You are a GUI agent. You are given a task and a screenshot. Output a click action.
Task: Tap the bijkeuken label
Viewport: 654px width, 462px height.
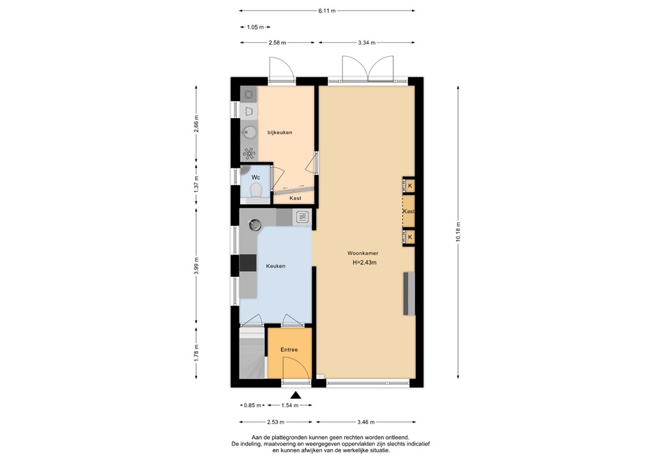[280, 132]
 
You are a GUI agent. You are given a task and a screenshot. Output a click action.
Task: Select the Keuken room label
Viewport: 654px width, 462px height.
[276, 265]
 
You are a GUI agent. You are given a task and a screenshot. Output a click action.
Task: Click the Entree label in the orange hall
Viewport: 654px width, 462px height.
[289, 350]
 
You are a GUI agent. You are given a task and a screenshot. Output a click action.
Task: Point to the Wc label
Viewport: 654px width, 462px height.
[255, 177]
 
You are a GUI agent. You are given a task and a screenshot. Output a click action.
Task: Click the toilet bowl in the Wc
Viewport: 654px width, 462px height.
[256, 191]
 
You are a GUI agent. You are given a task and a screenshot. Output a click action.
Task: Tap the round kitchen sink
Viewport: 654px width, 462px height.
[255, 225]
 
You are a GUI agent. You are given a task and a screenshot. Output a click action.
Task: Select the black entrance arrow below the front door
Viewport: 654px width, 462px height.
[295, 396]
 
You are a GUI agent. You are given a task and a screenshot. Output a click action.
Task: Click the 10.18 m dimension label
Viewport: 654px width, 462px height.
[457, 232]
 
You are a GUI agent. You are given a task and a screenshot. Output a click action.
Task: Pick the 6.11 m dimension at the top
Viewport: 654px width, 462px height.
[327, 11]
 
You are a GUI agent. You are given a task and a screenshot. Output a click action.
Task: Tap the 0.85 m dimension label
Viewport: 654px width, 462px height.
[252, 405]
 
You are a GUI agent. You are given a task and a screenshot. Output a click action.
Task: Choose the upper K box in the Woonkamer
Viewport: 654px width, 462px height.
[409, 186]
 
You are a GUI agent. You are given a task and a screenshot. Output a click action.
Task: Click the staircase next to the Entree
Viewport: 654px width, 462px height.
[252, 357]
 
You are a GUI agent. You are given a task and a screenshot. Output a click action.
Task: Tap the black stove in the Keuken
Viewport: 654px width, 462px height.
[248, 262]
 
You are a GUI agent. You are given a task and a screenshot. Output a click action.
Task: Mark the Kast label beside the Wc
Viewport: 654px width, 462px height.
[295, 198]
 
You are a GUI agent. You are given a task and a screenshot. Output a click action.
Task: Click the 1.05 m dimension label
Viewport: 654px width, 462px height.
[255, 27]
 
